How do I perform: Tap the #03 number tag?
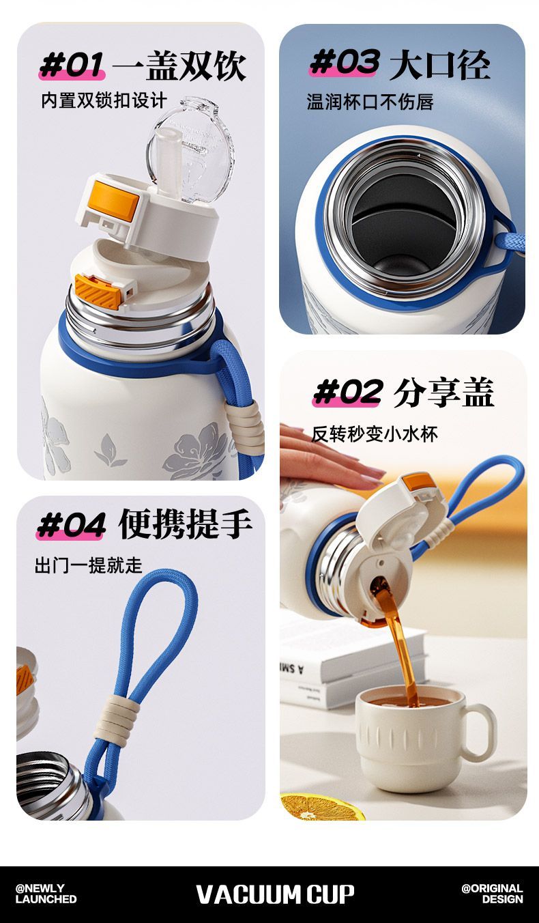tap(344, 62)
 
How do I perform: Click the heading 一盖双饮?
tap(179, 66)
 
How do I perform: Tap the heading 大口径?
tap(439, 64)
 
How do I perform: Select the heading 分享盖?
tap(443, 392)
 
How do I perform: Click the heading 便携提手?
tap(185, 524)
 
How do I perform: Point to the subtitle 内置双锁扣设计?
tap(104, 100)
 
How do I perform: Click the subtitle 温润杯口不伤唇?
tap(370, 101)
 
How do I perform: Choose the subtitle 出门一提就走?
tap(89, 565)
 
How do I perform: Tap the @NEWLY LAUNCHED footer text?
tap(46, 894)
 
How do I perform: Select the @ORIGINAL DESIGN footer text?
tap(492, 894)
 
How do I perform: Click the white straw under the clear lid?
tap(169, 160)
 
